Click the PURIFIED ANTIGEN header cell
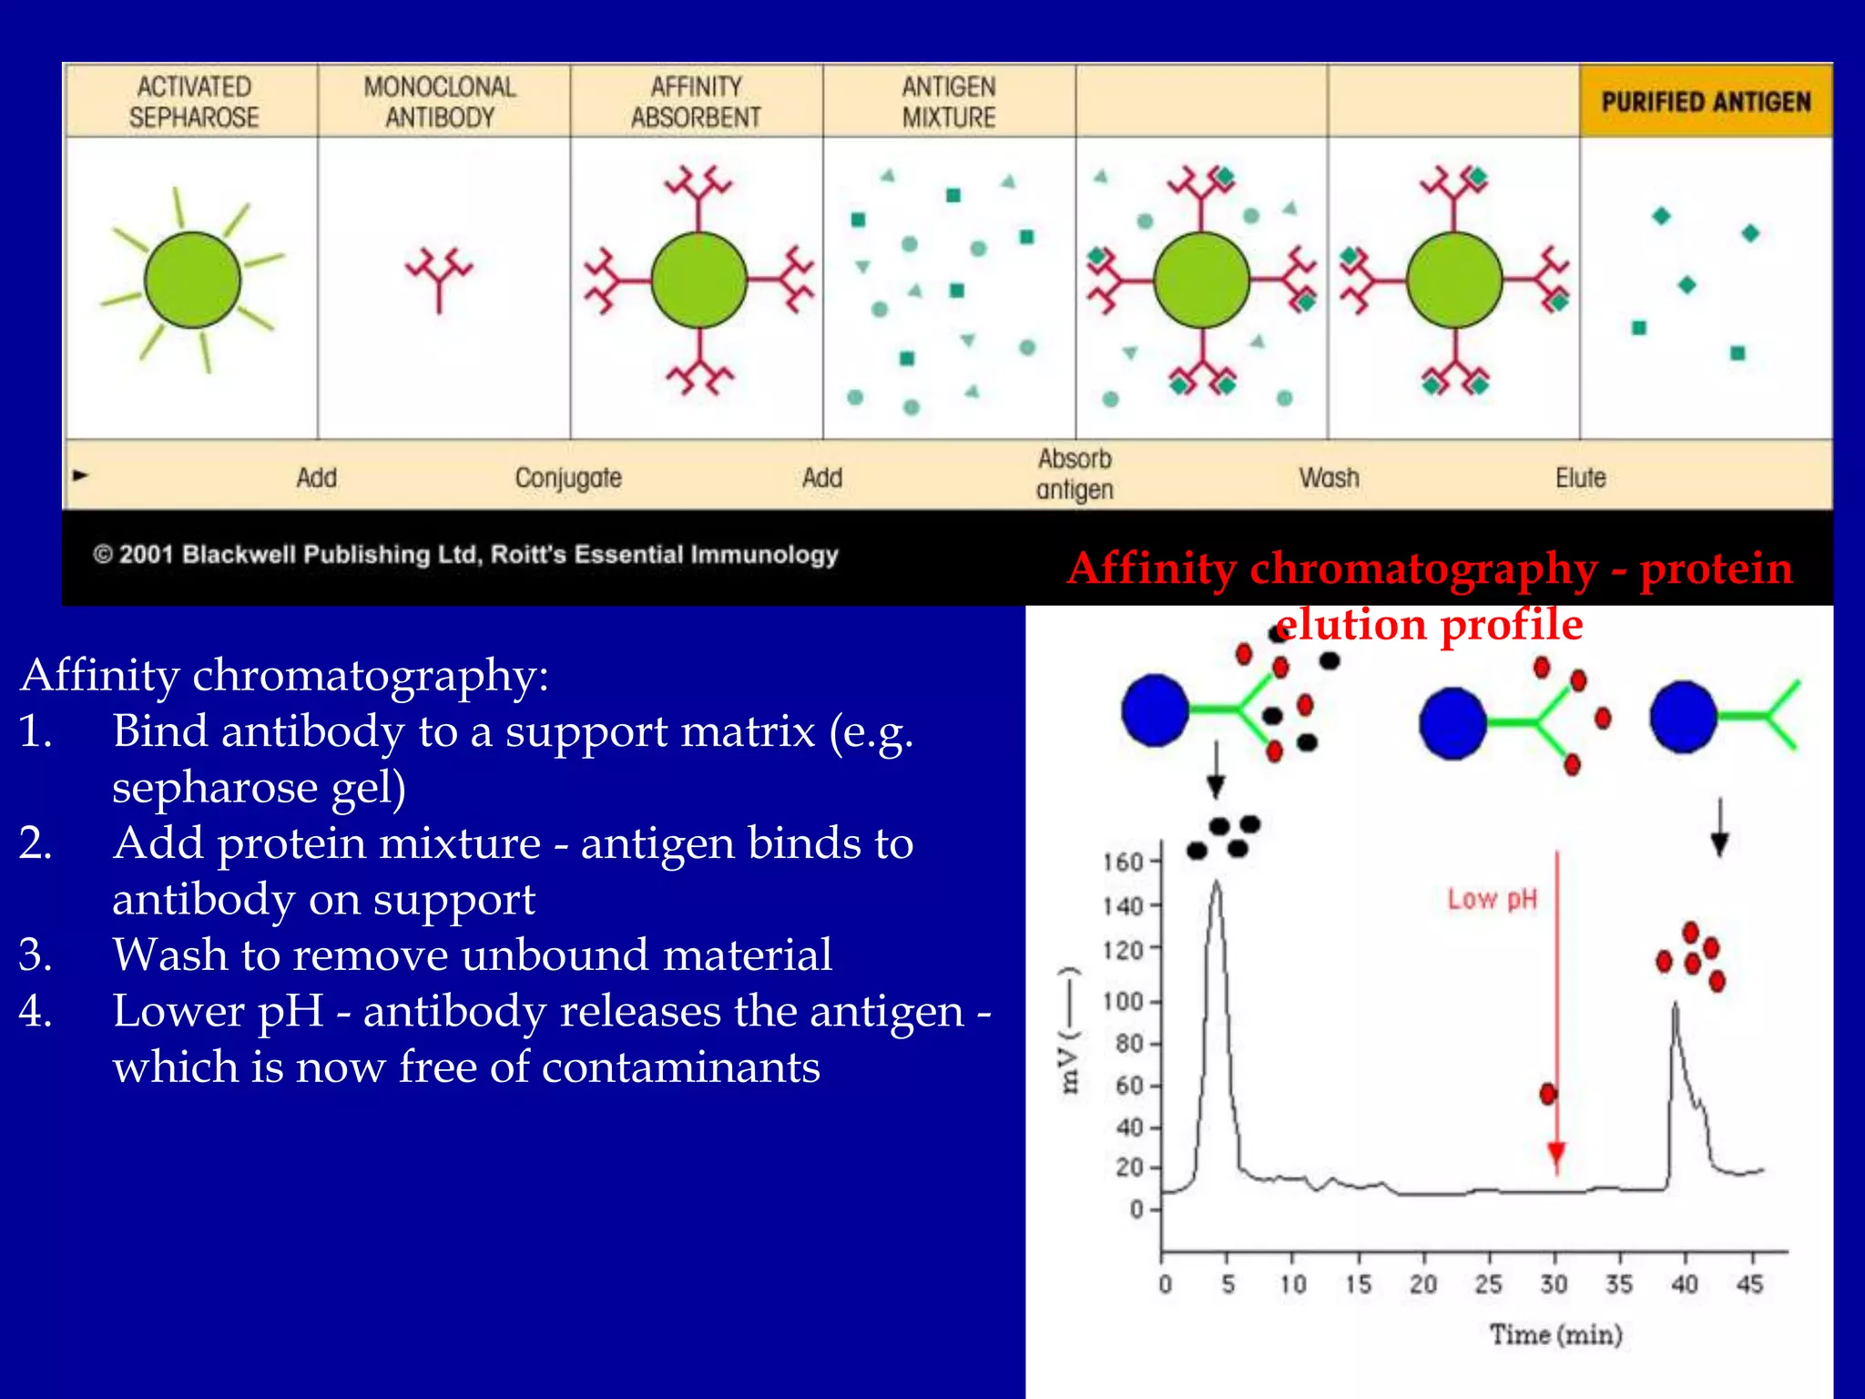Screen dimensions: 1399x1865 1706,101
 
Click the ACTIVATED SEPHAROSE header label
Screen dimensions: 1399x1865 193,101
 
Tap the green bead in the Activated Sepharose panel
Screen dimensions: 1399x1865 193,280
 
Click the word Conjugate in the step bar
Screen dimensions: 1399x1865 568,477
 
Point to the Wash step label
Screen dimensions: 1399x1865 1329,477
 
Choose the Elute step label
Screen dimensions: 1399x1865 1580,477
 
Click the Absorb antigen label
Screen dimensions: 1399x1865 1075,474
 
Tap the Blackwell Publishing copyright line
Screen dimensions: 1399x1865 465,554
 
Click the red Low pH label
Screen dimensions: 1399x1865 1492,899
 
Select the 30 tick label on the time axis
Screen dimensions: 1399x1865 1554,1284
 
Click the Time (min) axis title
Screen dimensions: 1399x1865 1555,1334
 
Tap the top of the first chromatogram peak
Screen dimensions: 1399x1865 1217,883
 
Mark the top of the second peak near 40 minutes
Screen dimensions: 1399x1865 1675,1006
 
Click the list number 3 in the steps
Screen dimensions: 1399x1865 35,955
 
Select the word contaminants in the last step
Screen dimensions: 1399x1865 680,1067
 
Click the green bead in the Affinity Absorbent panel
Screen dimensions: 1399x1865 698,280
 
